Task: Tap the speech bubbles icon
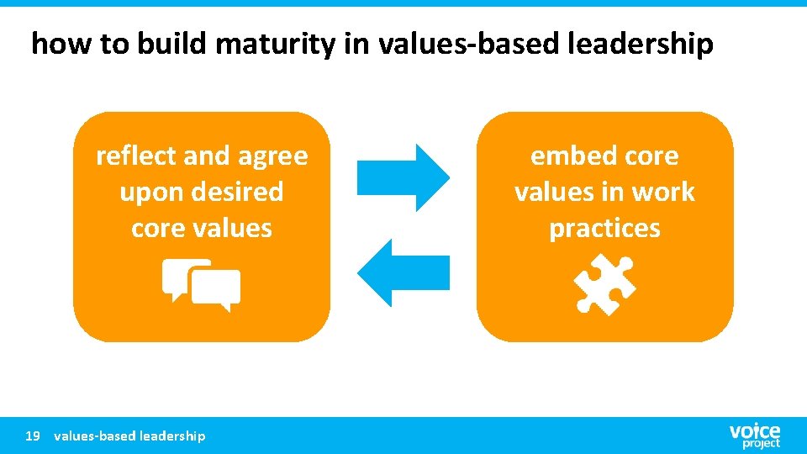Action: pyautogui.click(x=202, y=285)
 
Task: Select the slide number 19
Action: pyautogui.click(x=33, y=436)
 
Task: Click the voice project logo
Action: pyautogui.click(x=754, y=435)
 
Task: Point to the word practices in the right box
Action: pyautogui.click(x=604, y=230)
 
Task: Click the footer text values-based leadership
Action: pyautogui.click(x=129, y=436)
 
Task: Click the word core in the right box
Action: pyautogui.click(x=646, y=157)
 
